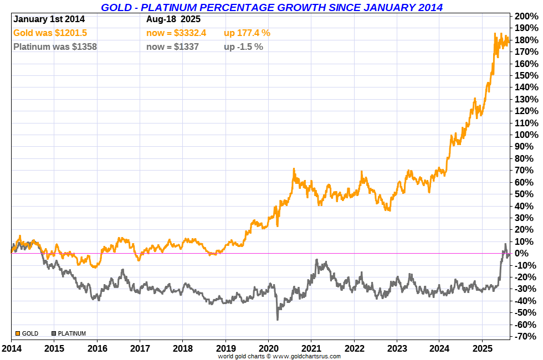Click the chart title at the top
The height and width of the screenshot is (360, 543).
coord(271,7)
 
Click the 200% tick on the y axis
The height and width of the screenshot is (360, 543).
coord(526,16)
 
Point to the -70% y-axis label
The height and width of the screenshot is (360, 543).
coord(526,337)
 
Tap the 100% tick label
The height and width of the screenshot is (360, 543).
coord(526,135)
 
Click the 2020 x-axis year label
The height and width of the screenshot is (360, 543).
coord(268,349)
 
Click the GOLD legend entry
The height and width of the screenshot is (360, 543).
coord(27,333)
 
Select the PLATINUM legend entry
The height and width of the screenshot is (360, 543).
coord(69,333)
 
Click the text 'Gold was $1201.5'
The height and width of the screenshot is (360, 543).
coord(50,33)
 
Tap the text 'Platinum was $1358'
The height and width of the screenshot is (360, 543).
coord(55,47)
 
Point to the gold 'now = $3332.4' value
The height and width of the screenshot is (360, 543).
coord(176,33)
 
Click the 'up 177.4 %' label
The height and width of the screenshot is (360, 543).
coord(247,33)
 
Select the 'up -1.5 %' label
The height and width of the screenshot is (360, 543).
coord(243,47)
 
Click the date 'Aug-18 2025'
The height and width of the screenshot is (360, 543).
coord(173,19)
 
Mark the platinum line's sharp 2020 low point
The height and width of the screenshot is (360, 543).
coord(277,318)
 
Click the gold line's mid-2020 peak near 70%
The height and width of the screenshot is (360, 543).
coord(294,170)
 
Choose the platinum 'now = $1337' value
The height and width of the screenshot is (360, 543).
coord(172,47)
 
